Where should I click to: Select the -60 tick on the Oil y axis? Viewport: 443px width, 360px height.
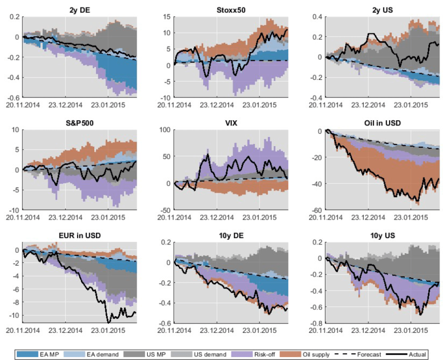click(316, 210)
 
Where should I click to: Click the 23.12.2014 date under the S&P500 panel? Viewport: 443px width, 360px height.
click(65, 217)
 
